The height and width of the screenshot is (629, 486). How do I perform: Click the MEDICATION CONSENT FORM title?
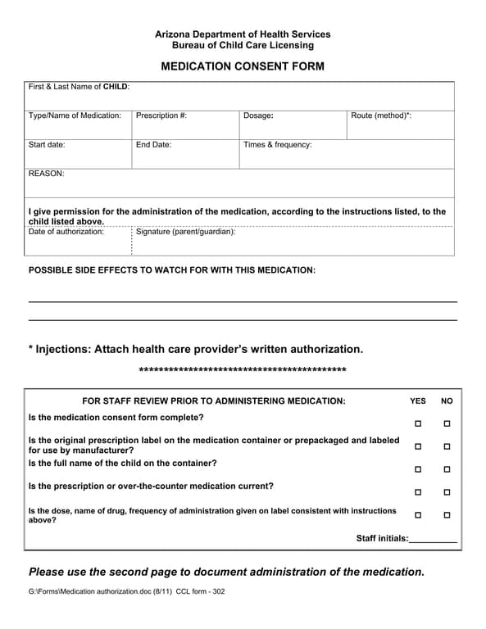click(x=243, y=66)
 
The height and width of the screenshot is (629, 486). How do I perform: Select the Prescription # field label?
click(x=161, y=115)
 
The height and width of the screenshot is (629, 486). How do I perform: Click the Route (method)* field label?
click(x=381, y=115)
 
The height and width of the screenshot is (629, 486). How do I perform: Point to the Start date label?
click(x=47, y=145)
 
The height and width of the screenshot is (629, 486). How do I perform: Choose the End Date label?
click(x=153, y=145)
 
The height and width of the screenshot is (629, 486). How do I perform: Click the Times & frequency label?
click(x=278, y=145)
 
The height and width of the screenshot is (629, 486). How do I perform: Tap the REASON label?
click(x=46, y=174)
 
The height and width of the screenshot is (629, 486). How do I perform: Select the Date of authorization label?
click(x=66, y=232)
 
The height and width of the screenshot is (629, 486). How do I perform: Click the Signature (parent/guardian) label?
click(x=185, y=232)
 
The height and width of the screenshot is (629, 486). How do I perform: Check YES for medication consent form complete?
click(x=418, y=423)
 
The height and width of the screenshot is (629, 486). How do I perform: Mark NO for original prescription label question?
click(x=447, y=446)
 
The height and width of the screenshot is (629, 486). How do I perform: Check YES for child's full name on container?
click(x=418, y=469)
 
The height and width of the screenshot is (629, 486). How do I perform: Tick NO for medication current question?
click(x=447, y=492)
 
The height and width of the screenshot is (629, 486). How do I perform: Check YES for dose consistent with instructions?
click(x=418, y=515)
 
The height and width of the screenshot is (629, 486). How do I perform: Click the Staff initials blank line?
click(x=433, y=540)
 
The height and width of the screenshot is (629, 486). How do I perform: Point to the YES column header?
click(x=418, y=401)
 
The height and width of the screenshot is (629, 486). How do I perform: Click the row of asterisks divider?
click(x=243, y=371)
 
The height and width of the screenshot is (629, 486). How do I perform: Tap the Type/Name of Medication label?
click(x=75, y=115)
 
